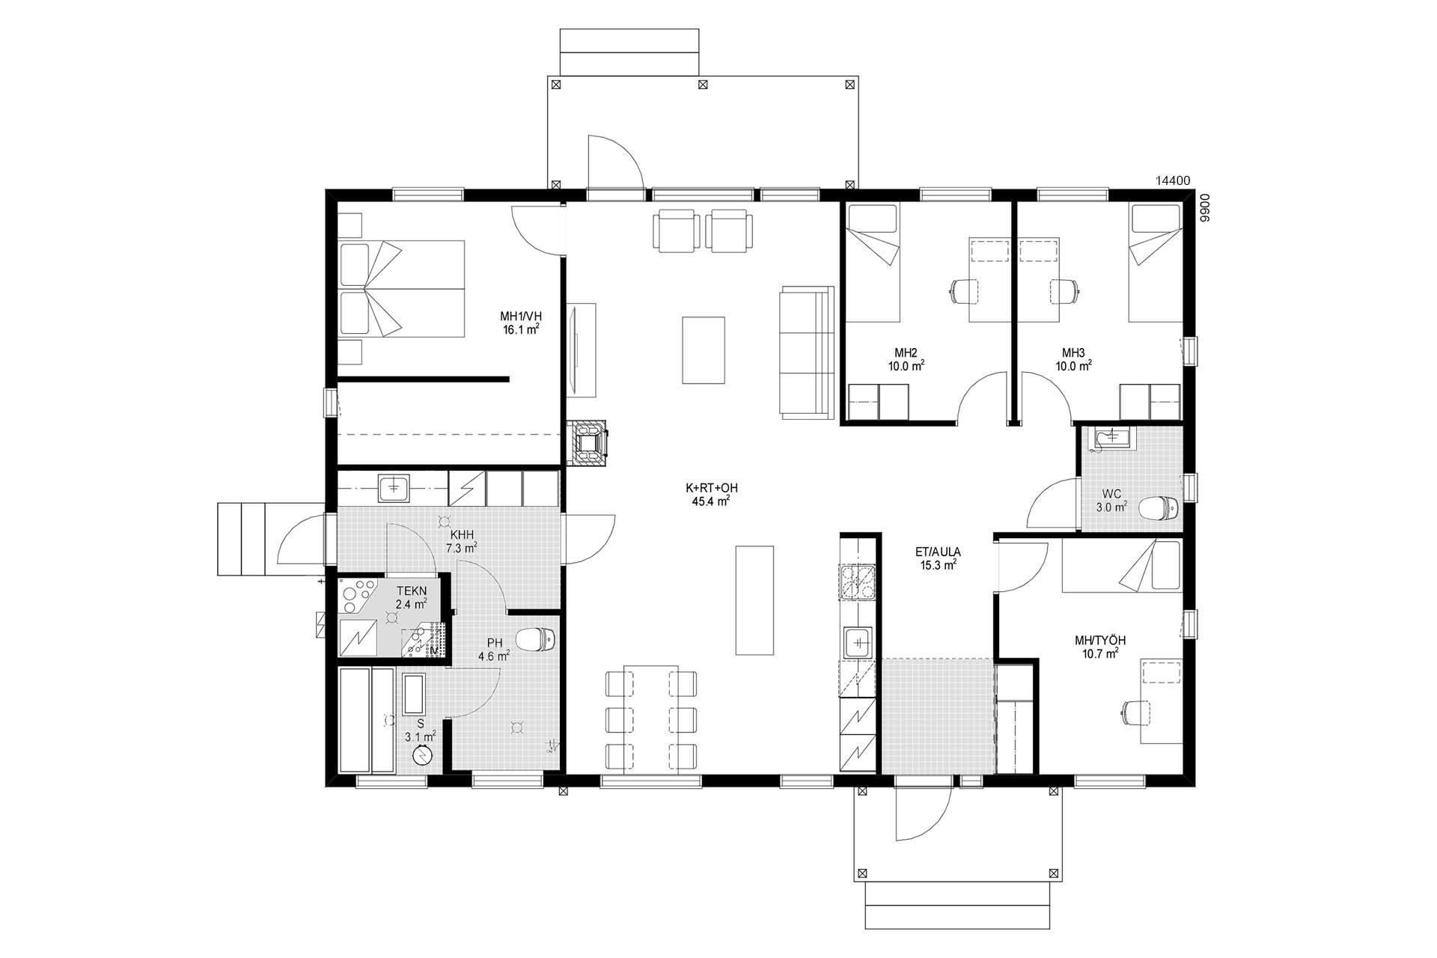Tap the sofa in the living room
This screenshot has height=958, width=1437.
[x=807, y=352]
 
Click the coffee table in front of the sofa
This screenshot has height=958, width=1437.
[x=704, y=350]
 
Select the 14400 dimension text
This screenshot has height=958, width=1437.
[x=1173, y=180]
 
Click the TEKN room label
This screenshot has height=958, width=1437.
[x=412, y=591]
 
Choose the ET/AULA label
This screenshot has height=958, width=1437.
[x=938, y=552]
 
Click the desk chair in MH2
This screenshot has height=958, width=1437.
[x=965, y=291]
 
